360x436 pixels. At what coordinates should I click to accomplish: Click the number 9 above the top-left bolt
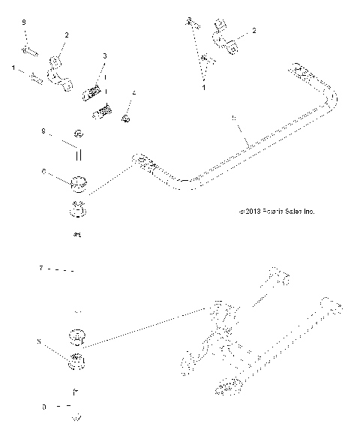pos(24,26)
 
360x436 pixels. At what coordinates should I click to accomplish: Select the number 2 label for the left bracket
pos(66,35)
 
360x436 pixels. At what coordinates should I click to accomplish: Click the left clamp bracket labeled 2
pos(58,72)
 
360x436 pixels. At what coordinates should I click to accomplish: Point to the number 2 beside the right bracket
pos(253,31)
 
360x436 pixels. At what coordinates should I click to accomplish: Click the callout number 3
pos(104,56)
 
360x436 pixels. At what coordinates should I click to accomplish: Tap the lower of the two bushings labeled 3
pos(102,114)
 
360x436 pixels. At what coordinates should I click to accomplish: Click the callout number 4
pos(135,95)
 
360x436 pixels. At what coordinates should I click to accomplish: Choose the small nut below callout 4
pos(127,118)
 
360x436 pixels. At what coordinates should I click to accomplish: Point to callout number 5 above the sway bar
pos(235,119)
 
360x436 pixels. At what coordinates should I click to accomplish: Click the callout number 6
pos(44,172)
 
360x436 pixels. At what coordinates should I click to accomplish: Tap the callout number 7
pos(41,266)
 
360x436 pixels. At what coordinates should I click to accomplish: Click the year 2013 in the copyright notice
pos(253,212)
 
